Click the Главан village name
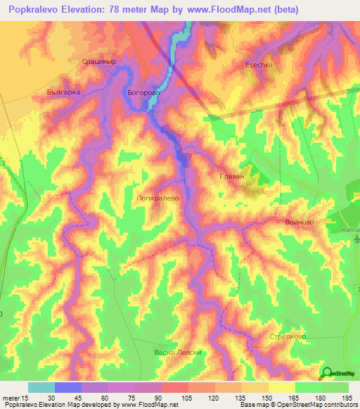point(231,176)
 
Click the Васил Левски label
point(178,352)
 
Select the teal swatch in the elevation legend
point(41,387)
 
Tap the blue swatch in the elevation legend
point(68,387)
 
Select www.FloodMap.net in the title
point(232,9)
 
